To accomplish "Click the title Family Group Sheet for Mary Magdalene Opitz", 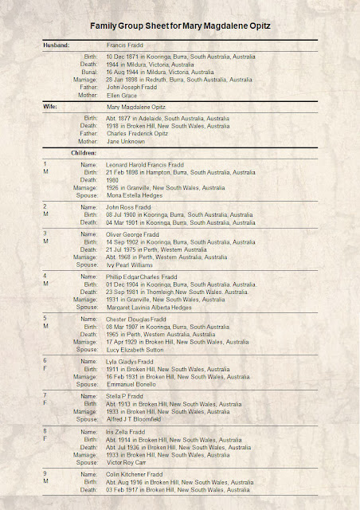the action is pos(179,26).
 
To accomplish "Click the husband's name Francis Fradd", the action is pos(129,46).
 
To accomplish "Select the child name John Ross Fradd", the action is pos(129,206).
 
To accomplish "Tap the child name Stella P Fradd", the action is pos(127,394).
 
